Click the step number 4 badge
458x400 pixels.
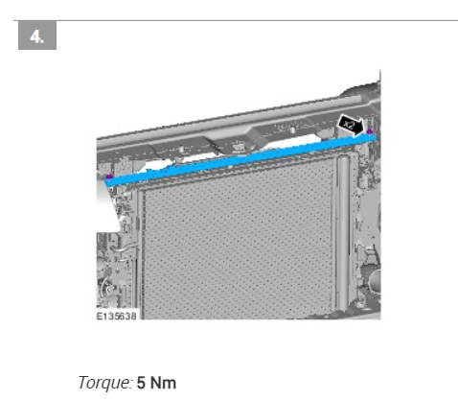[37, 35]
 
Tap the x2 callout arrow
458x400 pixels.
[351, 125]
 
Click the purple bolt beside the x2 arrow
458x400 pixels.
[370, 131]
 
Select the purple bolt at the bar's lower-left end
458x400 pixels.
[109, 176]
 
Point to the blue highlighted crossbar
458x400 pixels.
[241, 159]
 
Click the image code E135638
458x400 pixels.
[117, 317]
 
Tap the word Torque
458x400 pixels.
[105, 383]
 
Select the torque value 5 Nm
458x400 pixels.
[156, 383]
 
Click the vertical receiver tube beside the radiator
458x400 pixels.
[343, 233]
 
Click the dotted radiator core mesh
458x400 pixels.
[238, 243]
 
